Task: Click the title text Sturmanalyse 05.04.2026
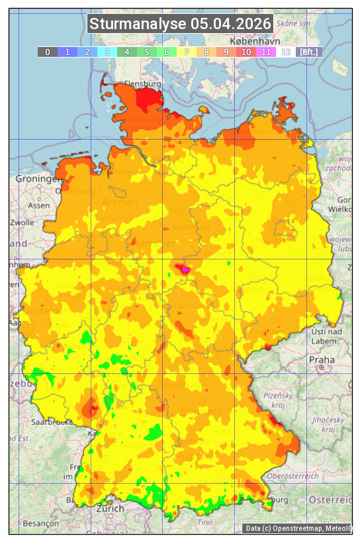pos(180,24)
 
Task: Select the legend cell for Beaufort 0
pos(48,52)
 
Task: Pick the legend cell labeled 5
pos(147,52)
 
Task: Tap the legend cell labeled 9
pos(226,52)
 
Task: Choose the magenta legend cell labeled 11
pos(266,52)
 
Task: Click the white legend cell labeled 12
pos(286,52)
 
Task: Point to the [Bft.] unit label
pos(308,52)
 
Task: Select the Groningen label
pos(35,179)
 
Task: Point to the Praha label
pos(321,359)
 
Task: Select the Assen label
pos(38,205)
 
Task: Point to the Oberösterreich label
pos(293,476)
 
